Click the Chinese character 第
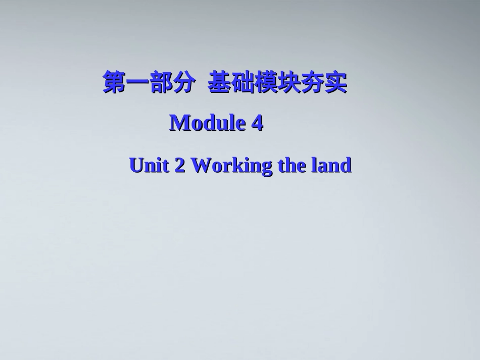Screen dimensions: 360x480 (114, 83)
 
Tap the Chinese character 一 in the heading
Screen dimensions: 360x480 (137, 83)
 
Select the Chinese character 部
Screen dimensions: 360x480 (160, 83)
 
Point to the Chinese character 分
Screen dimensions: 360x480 (183, 83)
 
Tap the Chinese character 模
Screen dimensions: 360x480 (266, 83)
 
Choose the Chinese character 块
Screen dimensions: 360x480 (289, 83)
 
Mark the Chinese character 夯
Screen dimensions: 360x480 (312, 83)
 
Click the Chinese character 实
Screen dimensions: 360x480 (335, 83)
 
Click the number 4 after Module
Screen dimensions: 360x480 (257, 123)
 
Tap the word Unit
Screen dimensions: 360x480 (149, 165)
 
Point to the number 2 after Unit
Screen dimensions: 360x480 (179, 165)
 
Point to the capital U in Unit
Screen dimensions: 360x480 (136, 165)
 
